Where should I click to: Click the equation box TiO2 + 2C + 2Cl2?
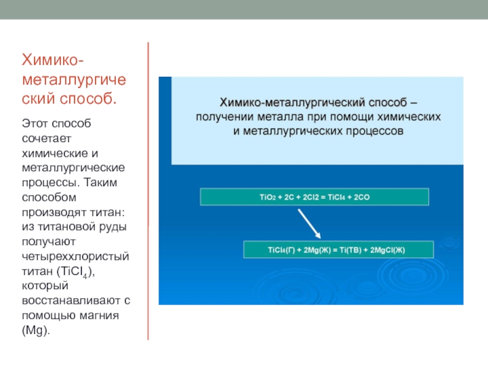click(315, 197)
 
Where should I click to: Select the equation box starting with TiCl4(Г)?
click(339, 249)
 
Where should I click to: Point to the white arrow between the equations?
click(309, 224)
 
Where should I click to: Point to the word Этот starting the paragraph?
click(35, 124)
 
